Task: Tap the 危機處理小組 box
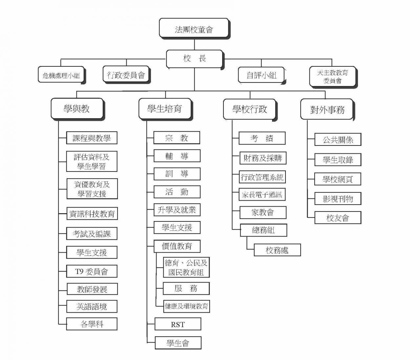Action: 62,75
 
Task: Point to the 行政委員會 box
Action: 126,75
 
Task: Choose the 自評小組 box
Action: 262,75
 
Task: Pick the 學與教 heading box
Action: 77,109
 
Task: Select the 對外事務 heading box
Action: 327,110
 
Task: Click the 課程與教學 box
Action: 92,138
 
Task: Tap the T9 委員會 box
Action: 92,271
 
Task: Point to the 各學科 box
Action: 92,324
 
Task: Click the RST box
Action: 178,324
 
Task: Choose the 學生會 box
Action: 178,343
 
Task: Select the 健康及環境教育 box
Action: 186,306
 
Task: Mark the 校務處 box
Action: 277,250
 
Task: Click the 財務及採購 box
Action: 263,158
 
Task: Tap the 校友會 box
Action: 338,218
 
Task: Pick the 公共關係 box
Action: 338,140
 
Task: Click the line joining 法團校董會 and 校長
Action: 195,44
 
